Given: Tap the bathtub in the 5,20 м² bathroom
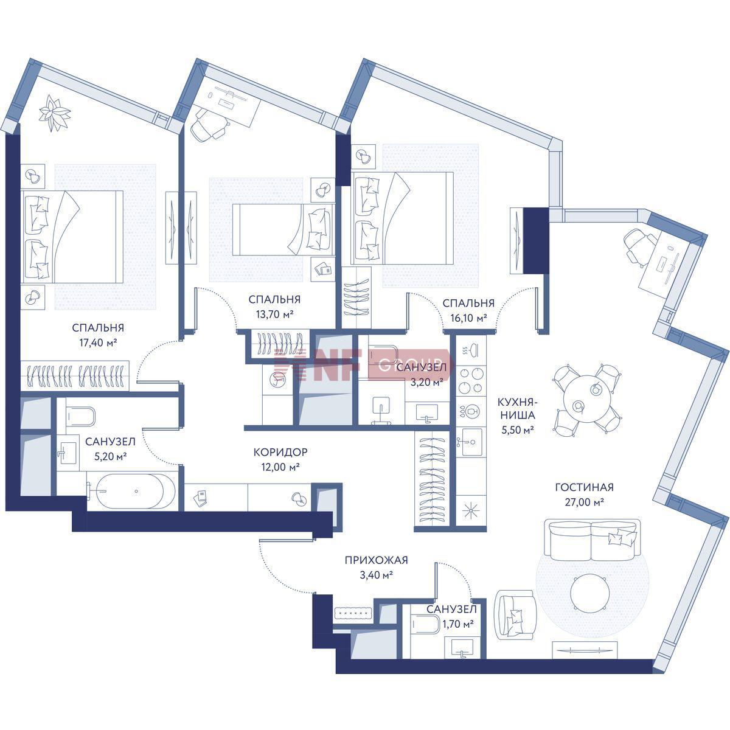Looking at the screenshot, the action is [132, 492].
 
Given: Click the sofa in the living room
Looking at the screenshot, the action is [592, 540].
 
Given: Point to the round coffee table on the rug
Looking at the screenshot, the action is [590, 593].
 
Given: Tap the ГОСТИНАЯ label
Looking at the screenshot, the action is [584, 487].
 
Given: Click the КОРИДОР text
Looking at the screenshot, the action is [280, 452].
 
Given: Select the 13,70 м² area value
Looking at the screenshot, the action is [275, 315].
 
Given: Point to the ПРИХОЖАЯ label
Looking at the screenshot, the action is [376, 560].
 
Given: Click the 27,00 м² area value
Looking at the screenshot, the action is [584, 502].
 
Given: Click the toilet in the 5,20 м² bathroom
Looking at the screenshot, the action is [80, 416].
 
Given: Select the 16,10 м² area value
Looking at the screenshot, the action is [468, 318].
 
